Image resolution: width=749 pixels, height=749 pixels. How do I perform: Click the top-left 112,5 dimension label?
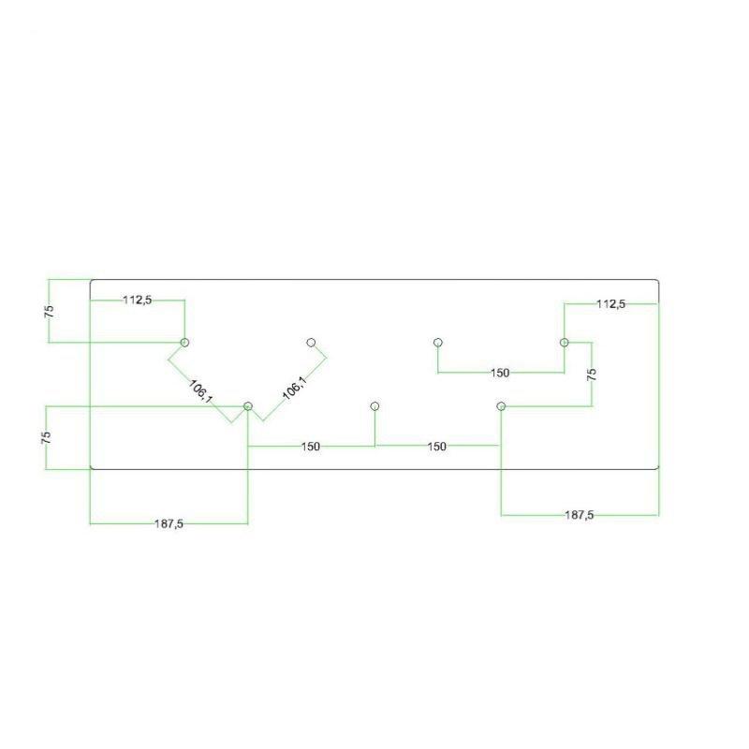138,300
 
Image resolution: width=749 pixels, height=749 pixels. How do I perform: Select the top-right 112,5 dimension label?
610,303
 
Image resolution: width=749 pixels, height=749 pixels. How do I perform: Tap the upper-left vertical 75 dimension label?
49,312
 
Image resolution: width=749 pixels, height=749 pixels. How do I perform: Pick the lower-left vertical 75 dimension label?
46,437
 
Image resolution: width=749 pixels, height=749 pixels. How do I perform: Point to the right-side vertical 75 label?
592,374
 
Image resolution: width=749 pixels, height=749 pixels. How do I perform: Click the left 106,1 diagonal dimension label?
201,390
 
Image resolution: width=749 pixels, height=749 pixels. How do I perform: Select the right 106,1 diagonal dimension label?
294,388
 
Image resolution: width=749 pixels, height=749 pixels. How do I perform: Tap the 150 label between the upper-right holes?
500,373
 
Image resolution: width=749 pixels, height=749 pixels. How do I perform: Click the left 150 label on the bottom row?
311,447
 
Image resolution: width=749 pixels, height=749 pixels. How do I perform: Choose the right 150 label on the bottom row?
436,447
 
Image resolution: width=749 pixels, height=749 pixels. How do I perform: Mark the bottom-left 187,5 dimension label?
169,524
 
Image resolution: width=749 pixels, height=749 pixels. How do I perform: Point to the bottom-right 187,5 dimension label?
580,515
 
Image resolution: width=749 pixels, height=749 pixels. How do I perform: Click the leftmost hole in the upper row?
184,343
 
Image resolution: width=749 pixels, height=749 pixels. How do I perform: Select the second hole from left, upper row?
312,343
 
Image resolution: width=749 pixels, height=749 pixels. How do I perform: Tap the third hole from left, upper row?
438,343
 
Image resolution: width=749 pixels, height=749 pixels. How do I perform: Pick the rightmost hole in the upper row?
565,343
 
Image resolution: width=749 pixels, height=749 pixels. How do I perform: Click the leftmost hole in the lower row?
248,406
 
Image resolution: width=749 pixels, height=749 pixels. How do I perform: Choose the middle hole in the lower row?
375,406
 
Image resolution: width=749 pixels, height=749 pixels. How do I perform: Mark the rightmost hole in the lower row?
501,406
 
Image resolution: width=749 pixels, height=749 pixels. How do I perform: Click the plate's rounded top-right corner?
658,281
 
